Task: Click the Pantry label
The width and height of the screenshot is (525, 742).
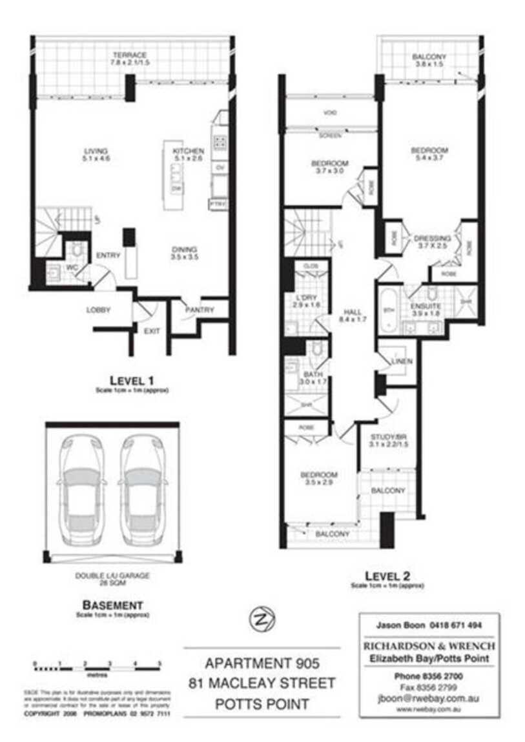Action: coord(200,310)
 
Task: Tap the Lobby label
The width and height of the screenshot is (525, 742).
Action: coord(99,310)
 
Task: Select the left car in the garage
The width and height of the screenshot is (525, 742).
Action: coord(80,484)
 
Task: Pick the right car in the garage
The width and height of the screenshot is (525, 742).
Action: coord(142,484)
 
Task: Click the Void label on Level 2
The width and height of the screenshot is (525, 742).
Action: coord(330,114)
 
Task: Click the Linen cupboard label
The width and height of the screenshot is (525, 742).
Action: coord(401,361)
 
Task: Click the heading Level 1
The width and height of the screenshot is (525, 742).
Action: coord(131,380)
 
